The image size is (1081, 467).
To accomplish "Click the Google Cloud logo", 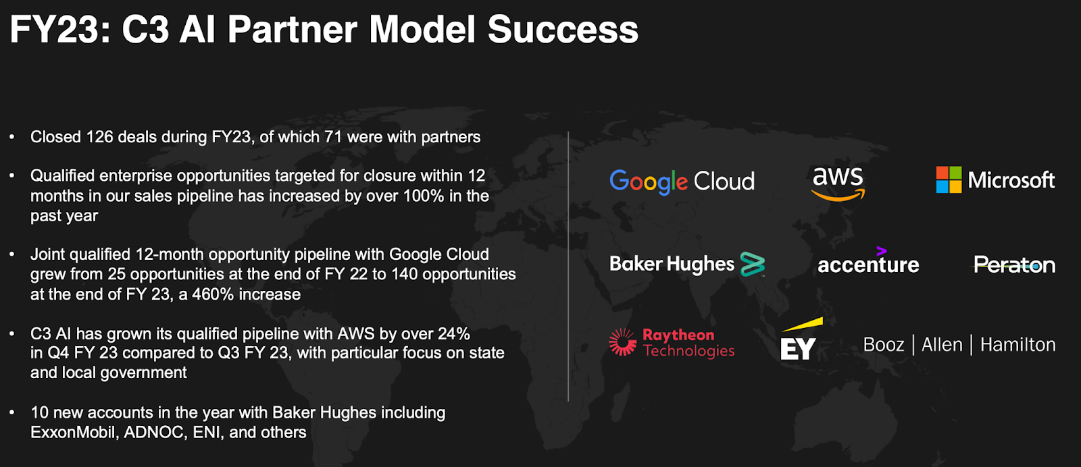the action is tap(682, 182).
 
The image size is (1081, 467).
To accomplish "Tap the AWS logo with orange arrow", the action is tap(838, 184).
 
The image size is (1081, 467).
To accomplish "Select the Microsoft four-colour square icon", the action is tap(949, 180).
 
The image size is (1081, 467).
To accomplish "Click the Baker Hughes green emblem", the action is tap(753, 264).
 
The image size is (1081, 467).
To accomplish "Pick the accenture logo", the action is tap(869, 260).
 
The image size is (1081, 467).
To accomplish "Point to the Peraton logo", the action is tap(1014, 265).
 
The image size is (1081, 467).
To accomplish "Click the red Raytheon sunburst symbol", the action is tap(622, 342).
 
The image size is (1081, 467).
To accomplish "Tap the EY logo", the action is tap(801, 339).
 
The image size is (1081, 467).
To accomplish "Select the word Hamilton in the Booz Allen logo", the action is tap(1017, 345).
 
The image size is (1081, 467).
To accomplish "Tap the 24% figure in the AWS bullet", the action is tap(453, 333).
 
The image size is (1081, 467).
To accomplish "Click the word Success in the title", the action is tap(563, 30).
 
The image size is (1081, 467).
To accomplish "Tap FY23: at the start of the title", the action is tap(60, 30).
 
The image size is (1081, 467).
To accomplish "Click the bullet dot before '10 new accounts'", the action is tap(12, 412).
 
